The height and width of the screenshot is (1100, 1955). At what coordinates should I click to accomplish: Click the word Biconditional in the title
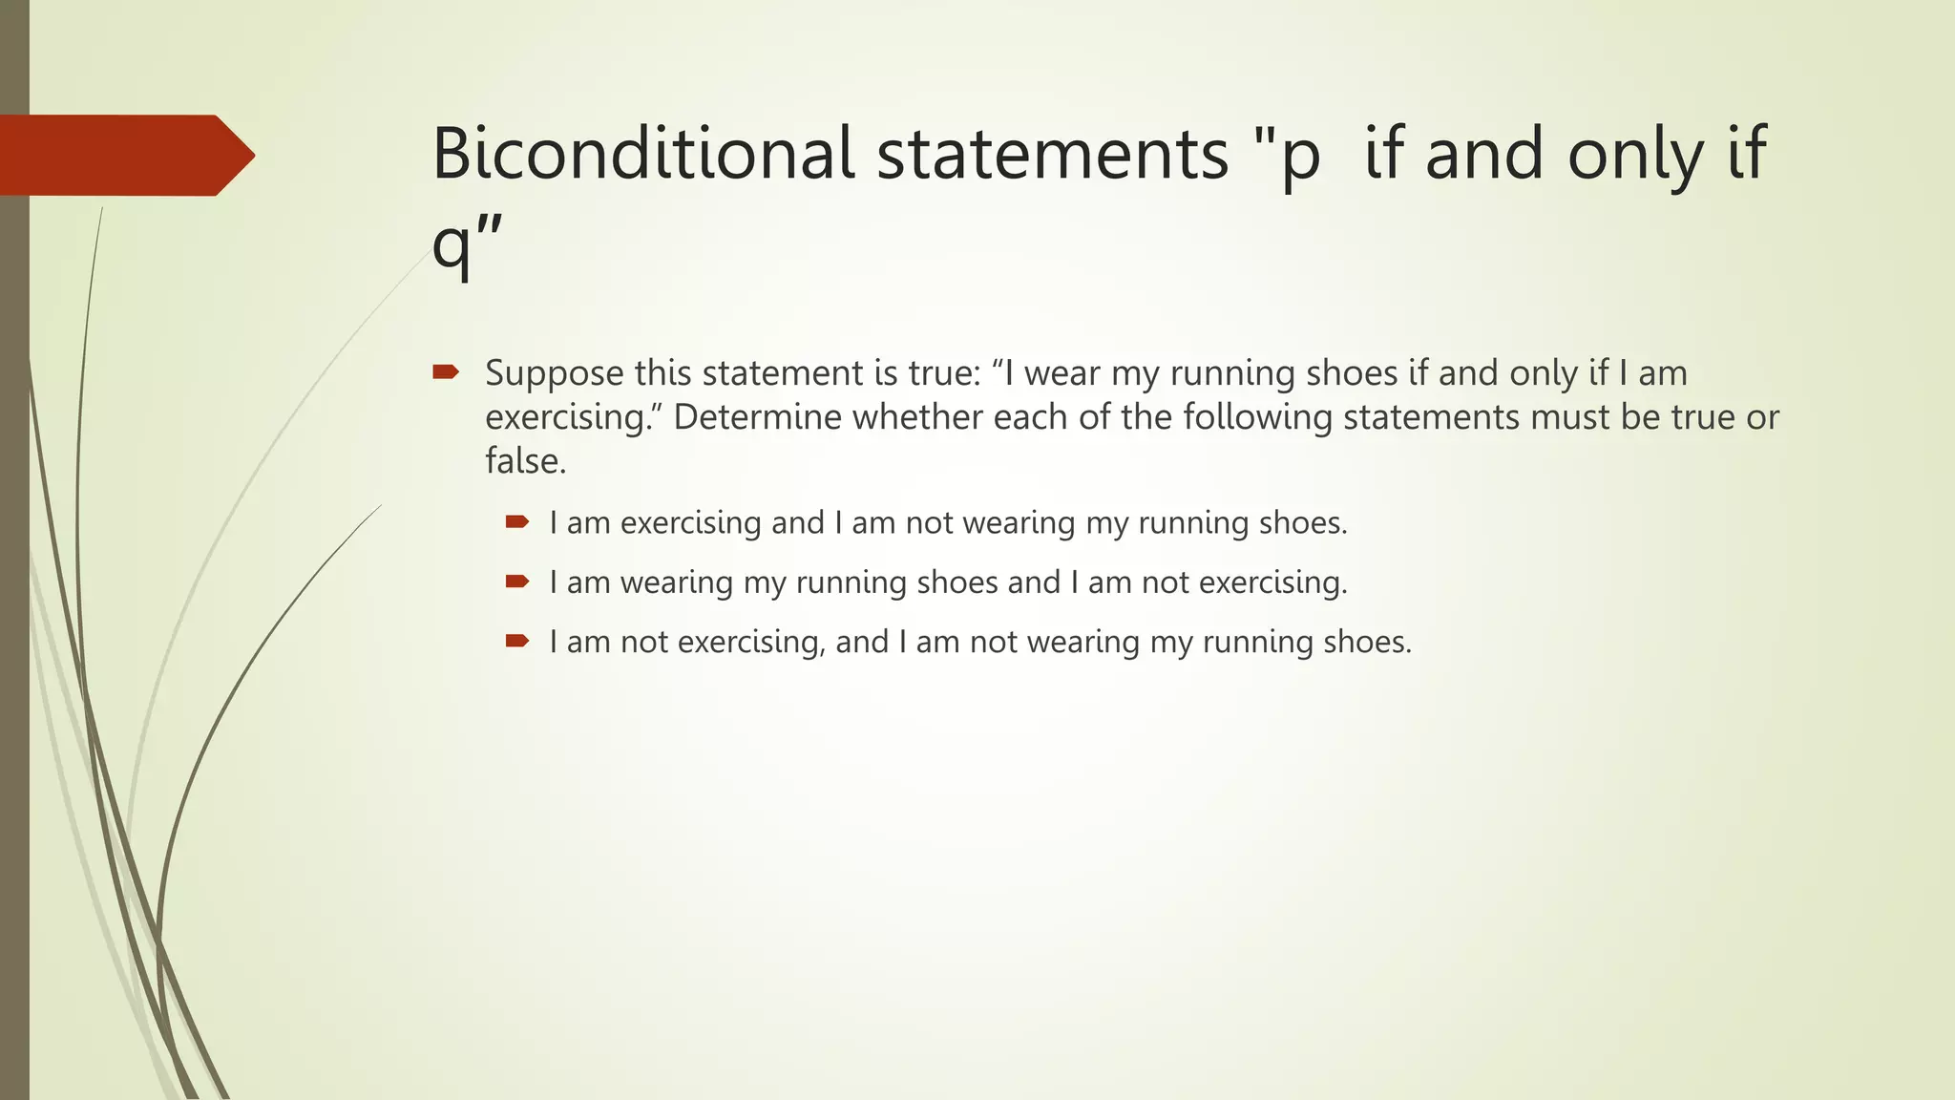643,154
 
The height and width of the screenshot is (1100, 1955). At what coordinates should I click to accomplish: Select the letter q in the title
451,246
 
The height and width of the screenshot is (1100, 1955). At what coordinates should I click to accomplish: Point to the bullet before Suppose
446,371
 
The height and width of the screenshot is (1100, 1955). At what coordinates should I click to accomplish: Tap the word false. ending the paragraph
526,461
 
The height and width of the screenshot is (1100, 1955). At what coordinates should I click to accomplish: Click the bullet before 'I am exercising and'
517,521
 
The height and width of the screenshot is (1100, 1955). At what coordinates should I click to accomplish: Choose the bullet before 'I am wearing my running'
517,581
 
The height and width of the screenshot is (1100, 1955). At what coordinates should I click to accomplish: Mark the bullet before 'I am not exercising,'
517,640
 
